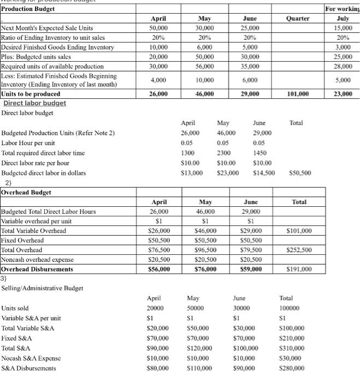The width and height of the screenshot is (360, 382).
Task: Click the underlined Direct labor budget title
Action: click(34, 103)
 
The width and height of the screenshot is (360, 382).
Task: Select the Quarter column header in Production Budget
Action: click(297, 19)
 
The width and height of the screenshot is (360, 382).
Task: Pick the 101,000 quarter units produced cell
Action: click(297, 94)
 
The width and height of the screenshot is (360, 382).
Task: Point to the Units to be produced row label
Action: click(31, 94)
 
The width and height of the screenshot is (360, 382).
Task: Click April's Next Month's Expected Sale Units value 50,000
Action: click(158, 28)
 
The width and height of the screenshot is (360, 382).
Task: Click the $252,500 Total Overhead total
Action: click(299, 250)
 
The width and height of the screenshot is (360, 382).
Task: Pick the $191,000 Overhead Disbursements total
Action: click(299, 269)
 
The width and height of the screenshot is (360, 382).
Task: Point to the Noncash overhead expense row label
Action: click(38, 260)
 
